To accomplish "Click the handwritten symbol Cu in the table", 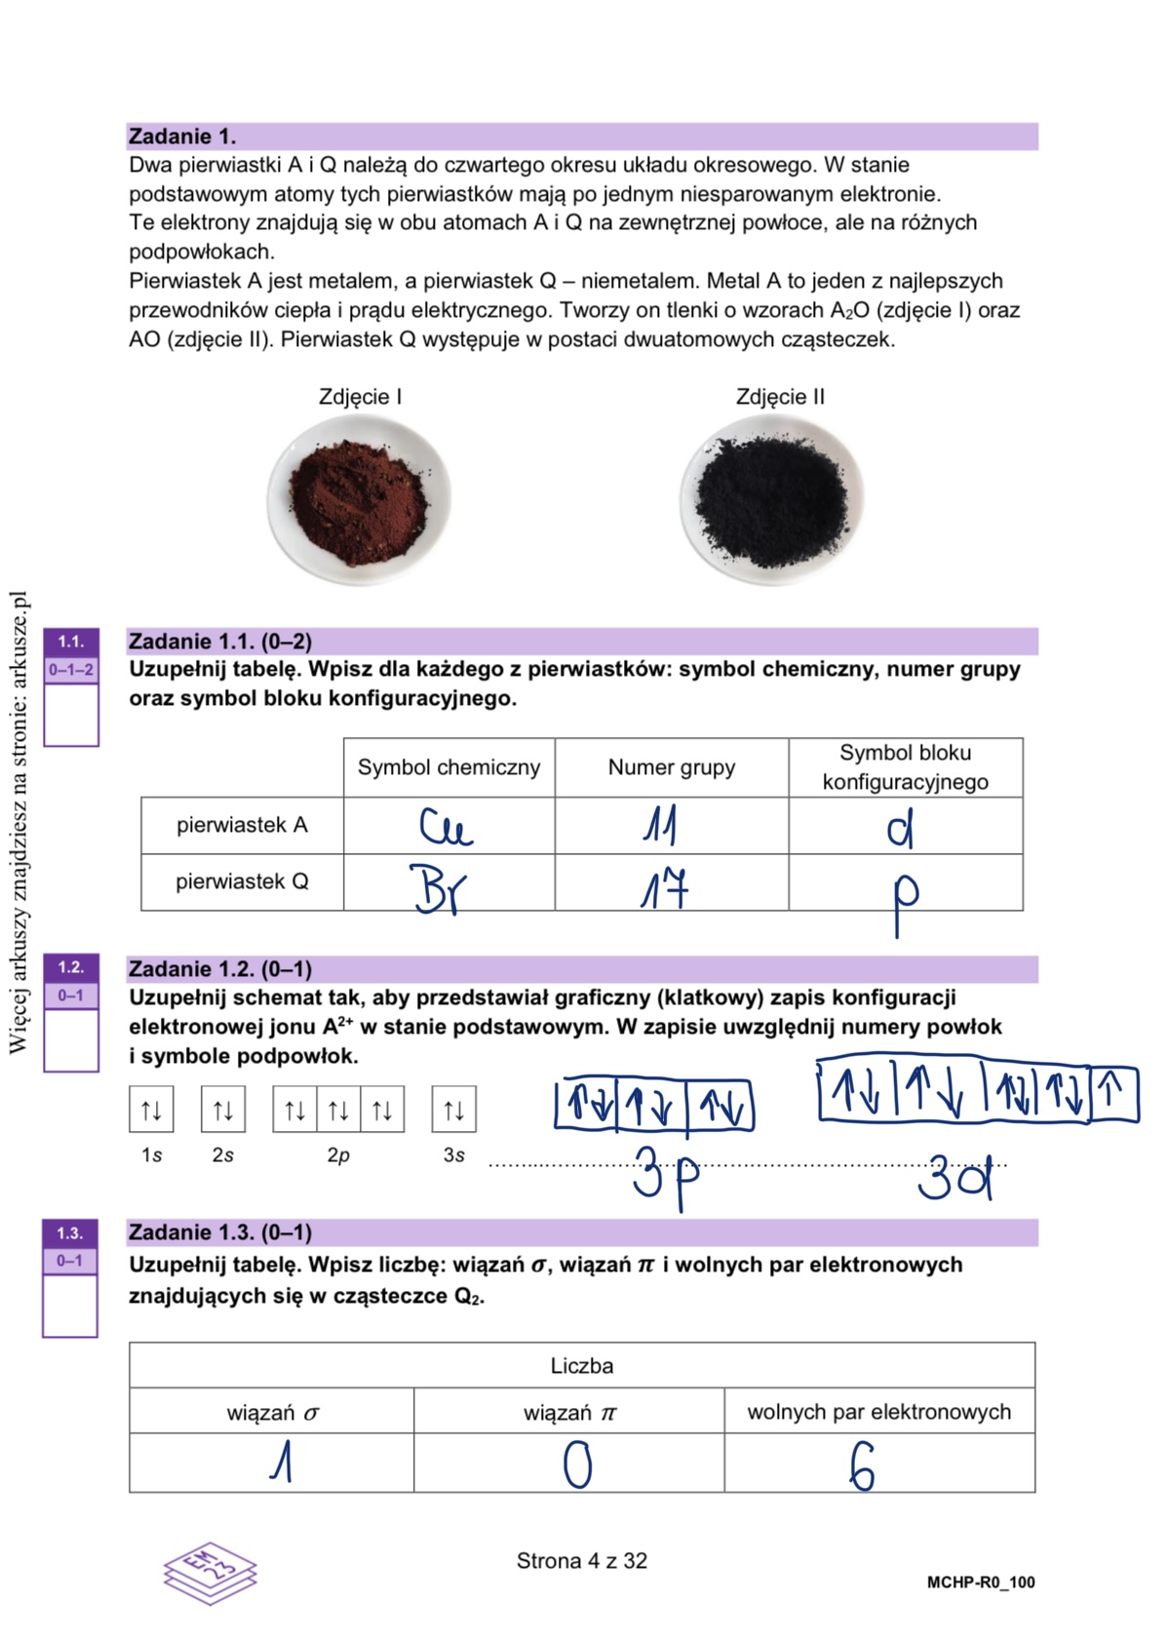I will (x=446, y=827).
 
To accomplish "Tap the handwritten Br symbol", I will (x=438, y=888).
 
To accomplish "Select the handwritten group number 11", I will (x=661, y=826).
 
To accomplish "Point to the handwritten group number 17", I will (x=664, y=888).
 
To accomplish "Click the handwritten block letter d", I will (x=901, y=828).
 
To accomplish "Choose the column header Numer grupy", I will (x=671, y=767).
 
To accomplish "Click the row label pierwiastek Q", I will (x=242, y=881).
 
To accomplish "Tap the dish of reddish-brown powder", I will (x=360, y=499).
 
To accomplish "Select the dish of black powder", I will (x=771, y=499).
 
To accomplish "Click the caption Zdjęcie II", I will (x=780, y=397).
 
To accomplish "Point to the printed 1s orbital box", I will (x=151, y=1110).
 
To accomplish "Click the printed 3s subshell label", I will (x=453, y=1155).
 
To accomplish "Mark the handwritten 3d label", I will (x=954, y=1177).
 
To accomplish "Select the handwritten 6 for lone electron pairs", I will (x=861, y=1466).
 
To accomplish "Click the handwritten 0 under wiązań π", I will (x=577, y=1465).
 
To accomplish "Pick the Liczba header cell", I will (x=582, y=1365).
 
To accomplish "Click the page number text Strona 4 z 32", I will (x=582, y=1561).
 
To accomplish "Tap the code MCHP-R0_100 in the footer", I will (x=981, y=1582).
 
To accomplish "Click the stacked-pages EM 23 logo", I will (x=211, y=1572).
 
